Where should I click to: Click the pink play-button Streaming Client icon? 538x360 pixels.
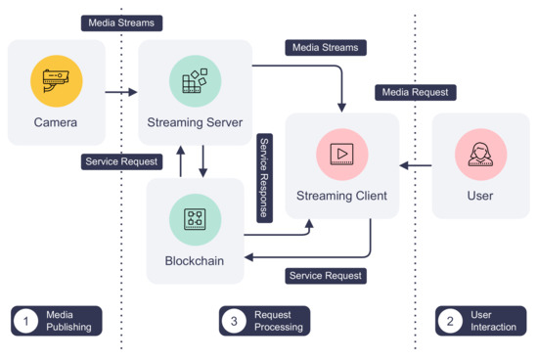point(341,155)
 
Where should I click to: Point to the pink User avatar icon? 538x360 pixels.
point(480,155)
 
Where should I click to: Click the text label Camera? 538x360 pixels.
point(56,123)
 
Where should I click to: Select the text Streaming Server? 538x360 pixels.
point(195,123)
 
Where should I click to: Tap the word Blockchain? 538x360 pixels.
point(195,261)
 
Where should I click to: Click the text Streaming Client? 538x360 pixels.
point(341,196)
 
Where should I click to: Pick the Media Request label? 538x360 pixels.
point(416,92)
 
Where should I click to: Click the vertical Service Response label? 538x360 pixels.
point(263,178)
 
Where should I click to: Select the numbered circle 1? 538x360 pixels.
point(26,320)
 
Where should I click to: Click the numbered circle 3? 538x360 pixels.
point(234,320)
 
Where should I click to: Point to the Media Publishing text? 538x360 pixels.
point(68,321)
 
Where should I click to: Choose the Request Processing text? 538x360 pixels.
point(278,321)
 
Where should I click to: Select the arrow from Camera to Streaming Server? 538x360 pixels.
point(120,92)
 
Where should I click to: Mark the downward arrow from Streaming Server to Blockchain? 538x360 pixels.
point(203,160)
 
